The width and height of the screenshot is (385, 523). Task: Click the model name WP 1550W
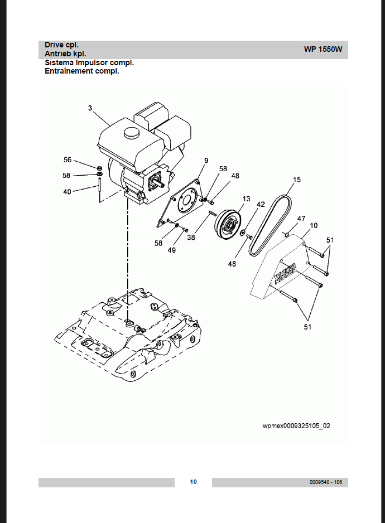click(x=323, y=50)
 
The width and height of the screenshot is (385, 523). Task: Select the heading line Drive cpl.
click(x=61, y=45)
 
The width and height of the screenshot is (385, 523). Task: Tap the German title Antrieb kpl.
click(x=65, y=54)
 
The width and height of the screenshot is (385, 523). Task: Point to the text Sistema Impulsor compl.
click(x=89, y=62)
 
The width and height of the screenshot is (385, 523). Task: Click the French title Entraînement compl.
click(x=82, y=71)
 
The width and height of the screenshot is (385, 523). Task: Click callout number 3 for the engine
click(x=90, y=108)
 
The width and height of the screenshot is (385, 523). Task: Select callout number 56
click(x=68, y=160)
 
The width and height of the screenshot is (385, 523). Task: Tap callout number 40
click(x=67, y=192)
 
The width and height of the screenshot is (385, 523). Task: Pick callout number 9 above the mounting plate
click(x=206, y=161)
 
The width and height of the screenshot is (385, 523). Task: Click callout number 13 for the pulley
click(x=247, y=199)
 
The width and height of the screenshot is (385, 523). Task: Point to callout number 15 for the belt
click(x=297, y=180)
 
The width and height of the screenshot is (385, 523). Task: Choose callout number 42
click(x=261, y=204)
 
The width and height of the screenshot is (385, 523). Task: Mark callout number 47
click(x=301, y=219)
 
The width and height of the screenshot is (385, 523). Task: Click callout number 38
click(x=191, y=238)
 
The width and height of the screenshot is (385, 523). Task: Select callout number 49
click(x=172, y=250)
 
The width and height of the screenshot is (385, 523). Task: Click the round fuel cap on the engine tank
click(x=131, y=133)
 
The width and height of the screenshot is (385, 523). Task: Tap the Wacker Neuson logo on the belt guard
click(x=285, y=274)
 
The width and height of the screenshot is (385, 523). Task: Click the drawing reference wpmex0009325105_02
click(x=296, y=426)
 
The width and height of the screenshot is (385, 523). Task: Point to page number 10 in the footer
click(x=193, y=482)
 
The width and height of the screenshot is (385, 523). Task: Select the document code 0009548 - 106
click(x=326, y=482)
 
